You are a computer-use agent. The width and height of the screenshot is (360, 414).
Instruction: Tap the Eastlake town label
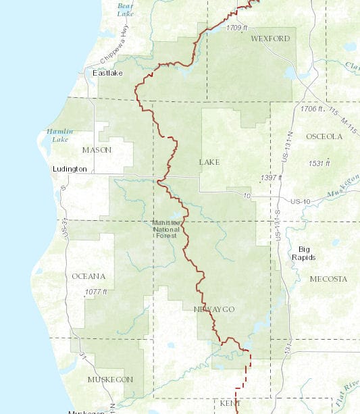pos(107,73)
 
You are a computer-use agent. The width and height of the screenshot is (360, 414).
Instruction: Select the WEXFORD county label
pos(269,38)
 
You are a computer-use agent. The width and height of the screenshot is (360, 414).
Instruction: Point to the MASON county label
pos(97,149)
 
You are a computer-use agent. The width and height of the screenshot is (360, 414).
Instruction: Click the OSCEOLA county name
pos(324,136)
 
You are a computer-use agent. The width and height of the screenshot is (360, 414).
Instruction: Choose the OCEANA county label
pos(88,276)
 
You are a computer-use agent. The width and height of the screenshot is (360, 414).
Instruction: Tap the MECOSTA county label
pos(328,278)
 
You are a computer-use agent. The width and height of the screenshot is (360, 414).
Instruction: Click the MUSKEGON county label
pos(110,380)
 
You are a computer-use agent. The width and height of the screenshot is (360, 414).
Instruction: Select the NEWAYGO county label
pos(214,309)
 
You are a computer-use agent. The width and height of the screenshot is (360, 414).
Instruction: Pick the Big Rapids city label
pos(304,253)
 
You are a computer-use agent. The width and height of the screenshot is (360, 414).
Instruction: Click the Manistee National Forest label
pos(166,229)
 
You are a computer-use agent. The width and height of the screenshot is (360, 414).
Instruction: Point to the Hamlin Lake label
pos(57,135)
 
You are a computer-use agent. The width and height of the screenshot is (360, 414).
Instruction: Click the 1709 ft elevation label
pos(238,28)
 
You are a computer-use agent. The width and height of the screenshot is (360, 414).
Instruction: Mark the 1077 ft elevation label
pos(96,292)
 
